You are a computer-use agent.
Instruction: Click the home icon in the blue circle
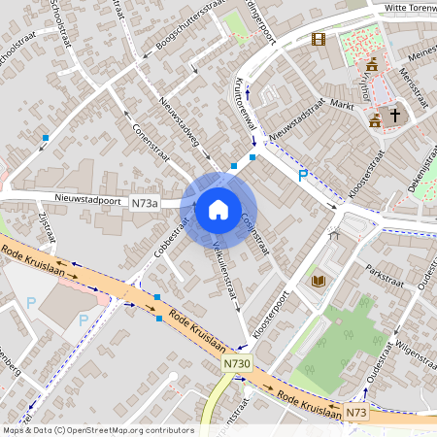218,209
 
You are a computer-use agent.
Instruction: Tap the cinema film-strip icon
319,40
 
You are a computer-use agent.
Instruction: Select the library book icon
319,282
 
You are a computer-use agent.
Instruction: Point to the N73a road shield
144,204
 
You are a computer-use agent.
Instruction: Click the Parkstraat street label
385,274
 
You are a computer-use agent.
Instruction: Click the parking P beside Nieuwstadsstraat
302,175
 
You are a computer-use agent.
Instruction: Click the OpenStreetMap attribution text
97,429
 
